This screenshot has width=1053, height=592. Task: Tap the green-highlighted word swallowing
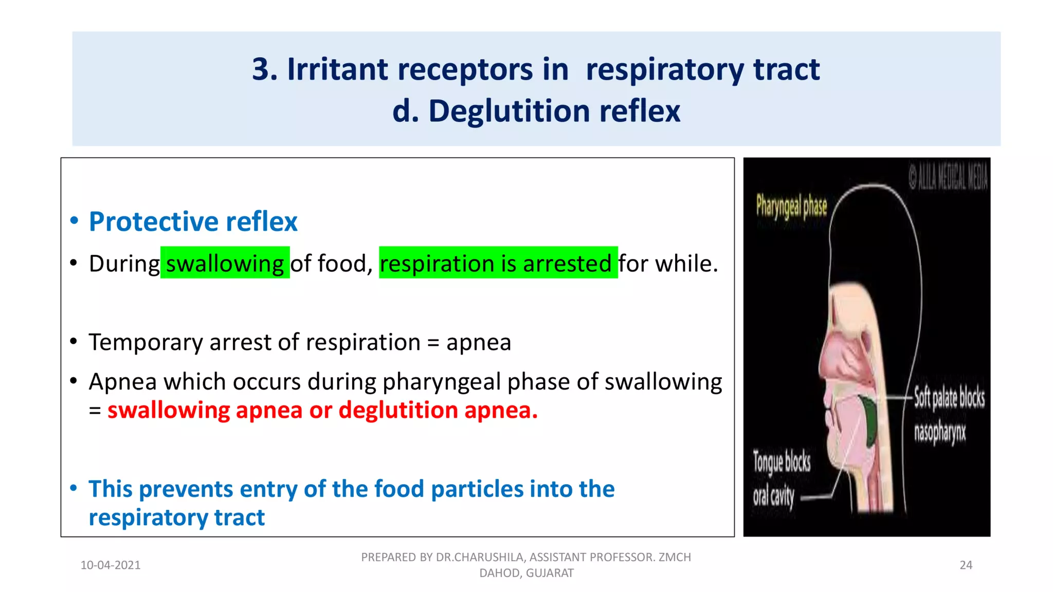point(225,264)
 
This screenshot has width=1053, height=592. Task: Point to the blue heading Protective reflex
point(193,221)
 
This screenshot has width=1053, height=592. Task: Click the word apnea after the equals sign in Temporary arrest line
point(479,342)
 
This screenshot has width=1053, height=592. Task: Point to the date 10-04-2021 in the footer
point(111,565)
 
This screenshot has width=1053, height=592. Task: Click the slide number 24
point(966,565)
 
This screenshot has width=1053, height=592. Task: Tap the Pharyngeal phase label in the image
point(791,206)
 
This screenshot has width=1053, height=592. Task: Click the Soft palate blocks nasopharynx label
point(948,414)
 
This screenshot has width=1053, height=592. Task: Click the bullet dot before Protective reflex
point(74,221)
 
